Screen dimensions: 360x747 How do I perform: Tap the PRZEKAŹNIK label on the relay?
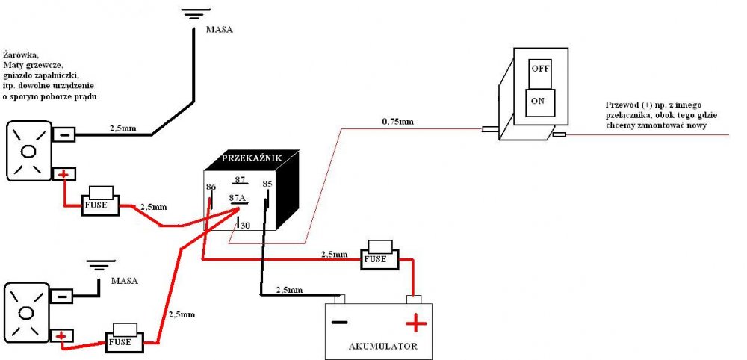252,158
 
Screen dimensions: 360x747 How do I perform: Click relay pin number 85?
267,184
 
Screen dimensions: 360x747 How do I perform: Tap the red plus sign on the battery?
415,323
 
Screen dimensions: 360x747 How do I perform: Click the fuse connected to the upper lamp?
99,202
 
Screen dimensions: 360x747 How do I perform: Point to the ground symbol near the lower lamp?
99,265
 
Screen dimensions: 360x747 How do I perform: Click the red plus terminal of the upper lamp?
64,175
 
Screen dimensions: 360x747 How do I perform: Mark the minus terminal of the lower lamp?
63,297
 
